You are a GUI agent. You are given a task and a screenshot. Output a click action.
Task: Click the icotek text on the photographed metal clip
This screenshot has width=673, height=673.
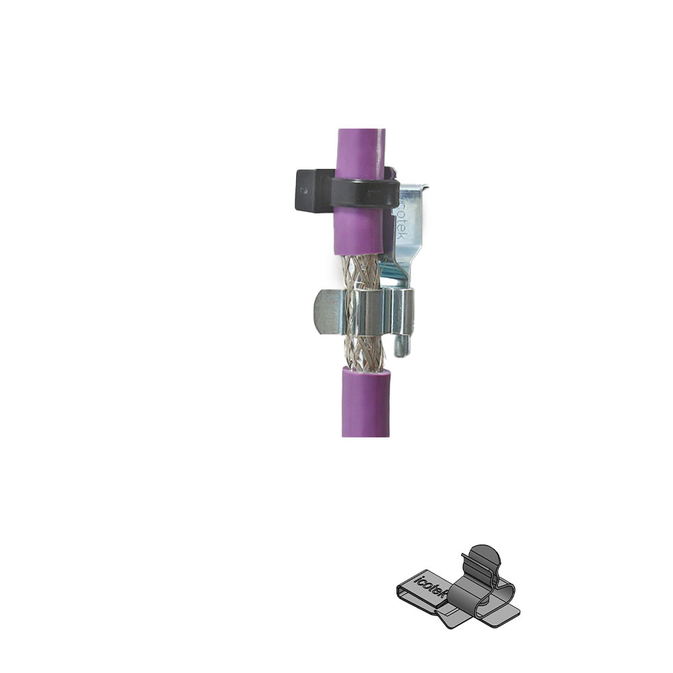click(402, 218)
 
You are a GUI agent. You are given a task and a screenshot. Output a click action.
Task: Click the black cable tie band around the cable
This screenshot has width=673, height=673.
click(365, 192)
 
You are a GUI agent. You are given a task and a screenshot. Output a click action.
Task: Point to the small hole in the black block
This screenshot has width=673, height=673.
click(305, 190)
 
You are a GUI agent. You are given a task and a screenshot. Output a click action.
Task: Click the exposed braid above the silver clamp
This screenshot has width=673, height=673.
click(361, 272)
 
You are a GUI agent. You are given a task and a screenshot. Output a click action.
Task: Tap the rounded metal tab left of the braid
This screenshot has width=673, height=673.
click(328, 312)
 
